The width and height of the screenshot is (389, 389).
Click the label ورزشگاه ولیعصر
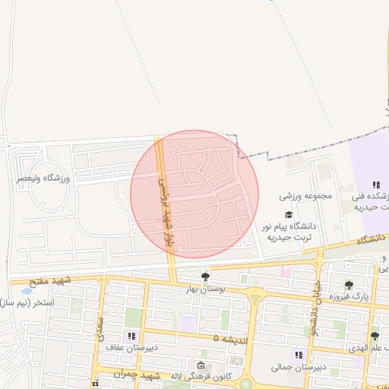(43, 178)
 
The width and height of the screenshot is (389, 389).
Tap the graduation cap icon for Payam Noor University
(288, 215)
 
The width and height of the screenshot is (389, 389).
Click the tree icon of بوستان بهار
(205, 277)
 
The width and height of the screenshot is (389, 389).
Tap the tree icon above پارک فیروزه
(349, 285)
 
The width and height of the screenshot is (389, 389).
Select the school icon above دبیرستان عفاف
(132, 335)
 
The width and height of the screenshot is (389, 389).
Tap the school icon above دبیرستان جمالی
(299, 355)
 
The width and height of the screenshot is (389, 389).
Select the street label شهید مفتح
(50, 281)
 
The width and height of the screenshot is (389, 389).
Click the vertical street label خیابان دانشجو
(313, 307)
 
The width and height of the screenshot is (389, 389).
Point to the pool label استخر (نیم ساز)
(25, 303)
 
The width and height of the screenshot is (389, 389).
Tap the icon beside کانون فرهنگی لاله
(201, 365)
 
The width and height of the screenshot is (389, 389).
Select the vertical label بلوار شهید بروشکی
(162, 206)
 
